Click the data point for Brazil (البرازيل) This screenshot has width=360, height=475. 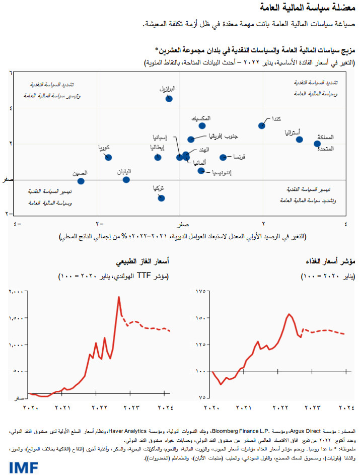tap(169, 99)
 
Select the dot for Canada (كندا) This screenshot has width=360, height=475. tap(262, 125)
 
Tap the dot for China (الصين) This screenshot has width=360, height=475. tap(81, 181)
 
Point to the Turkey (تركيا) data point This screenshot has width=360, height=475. tap(161, 198)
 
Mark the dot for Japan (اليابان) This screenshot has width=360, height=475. tap(126, 180)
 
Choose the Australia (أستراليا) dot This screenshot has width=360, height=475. tap(299, 140)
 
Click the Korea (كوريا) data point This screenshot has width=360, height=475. tap(108, 157)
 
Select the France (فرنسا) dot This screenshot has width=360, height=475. tap(223, 157)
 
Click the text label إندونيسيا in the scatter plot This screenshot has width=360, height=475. tap(220, 172)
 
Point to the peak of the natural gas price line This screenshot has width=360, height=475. tap(119, 297)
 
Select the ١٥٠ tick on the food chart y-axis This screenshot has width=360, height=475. tap(200, 318)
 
